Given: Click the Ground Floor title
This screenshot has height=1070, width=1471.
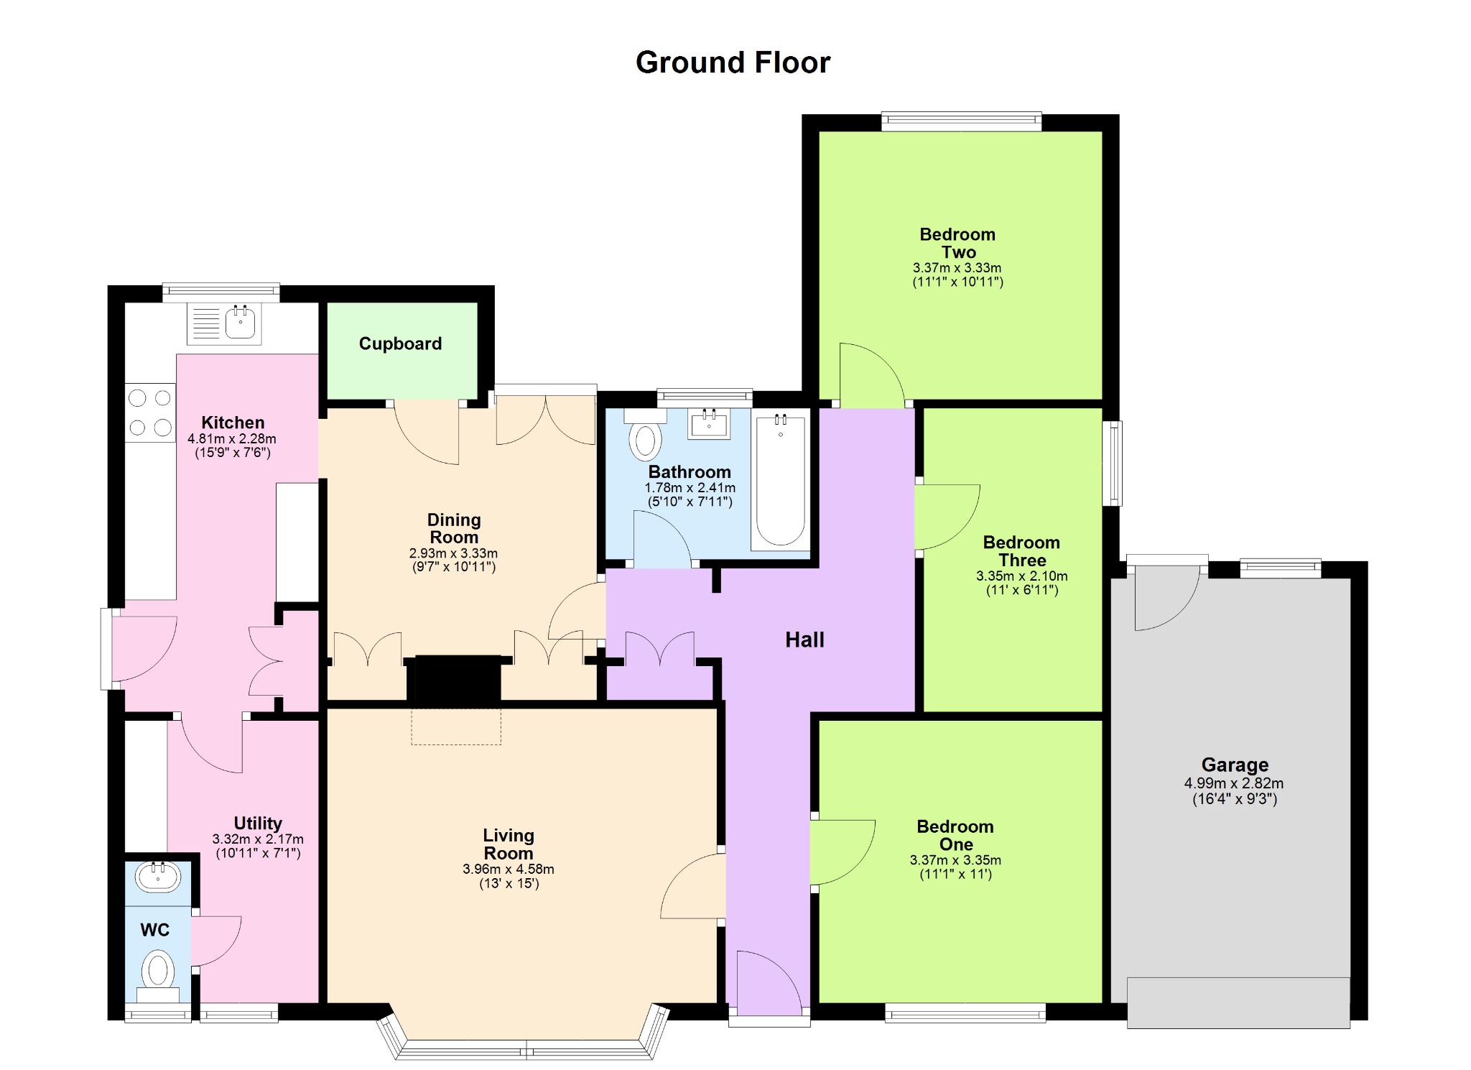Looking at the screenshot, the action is coord(733,63).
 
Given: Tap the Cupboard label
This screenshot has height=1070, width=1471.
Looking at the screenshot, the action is coord(400,343).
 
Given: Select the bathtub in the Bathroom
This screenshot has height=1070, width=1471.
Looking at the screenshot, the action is coord(781,480).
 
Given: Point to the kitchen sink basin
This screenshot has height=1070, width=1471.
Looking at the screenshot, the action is coord(240,322).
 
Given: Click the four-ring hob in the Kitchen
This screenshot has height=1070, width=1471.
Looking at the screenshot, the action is coord(150,413).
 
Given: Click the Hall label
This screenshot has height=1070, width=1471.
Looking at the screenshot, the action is coord(804,640).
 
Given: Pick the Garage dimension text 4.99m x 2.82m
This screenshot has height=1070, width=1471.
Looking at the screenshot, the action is coord(1234,783).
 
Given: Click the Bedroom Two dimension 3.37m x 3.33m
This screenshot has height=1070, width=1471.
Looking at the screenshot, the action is coord(957,267).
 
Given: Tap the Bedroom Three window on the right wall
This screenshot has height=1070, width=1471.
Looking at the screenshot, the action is coord(1113,463).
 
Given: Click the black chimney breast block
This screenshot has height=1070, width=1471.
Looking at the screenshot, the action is coord(458,678).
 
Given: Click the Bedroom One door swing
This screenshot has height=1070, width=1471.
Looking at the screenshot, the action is coord(843,852).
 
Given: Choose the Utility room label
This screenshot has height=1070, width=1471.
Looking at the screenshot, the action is coord(258,824).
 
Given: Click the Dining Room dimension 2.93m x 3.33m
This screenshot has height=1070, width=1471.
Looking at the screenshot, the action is coord(453,553).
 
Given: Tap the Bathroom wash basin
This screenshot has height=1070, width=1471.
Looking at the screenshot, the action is coord(709,423).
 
